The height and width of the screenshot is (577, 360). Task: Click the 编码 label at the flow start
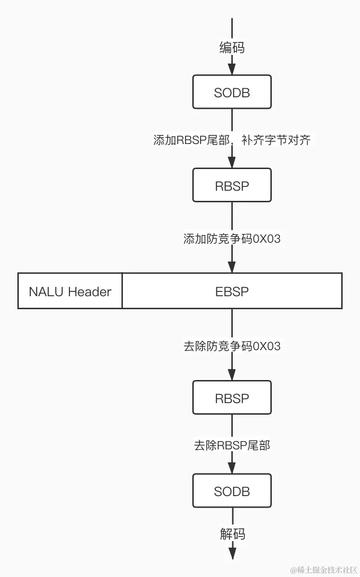tap(232, 48)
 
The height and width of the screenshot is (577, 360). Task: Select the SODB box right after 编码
tap(232, 92)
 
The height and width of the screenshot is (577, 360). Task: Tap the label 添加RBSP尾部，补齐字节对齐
tap(232, 140)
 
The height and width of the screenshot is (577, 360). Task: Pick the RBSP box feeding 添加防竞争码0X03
tap(232, 185)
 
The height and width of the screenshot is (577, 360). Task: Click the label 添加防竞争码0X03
tap(232, 238)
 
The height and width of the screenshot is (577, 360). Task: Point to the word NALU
tap(47, 291)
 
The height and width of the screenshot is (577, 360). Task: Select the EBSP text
tap(232, 291)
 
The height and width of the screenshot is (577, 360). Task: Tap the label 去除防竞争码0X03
tap(232, 346)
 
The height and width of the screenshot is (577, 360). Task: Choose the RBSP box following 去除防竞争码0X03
tap(232, 398)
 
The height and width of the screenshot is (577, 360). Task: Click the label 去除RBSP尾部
tap(232, 446)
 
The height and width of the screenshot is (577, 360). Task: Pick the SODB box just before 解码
tap(232, 491)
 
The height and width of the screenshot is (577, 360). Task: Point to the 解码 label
tap(232, 534)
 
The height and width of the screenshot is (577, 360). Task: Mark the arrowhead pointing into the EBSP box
tap(232, 267)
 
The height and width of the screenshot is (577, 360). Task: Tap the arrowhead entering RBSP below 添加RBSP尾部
tap(232, 162)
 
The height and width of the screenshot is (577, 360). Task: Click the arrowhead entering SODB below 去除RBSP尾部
tap(232, 468)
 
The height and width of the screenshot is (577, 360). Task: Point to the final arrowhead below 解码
tap(232, 554)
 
